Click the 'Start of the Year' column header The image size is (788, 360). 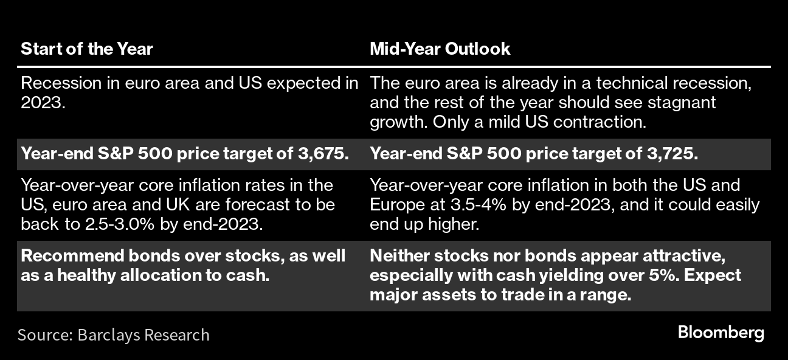click(x=87, y=49)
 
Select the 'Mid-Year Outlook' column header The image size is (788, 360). click(x=440, y=49)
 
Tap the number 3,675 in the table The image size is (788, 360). click(x=321, y=154)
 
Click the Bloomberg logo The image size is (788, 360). click(x=721, y=333)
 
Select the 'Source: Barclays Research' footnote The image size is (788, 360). click(x=113, y=334)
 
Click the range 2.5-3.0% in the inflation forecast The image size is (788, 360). click(x=120, y=224)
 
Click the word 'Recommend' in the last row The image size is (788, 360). click(x=72, y=256)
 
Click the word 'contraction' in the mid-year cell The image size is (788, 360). click(x=600, y=122)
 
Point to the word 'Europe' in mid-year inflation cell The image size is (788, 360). click(x=392, y=205)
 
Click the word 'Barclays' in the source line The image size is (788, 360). click(x=108, y=335)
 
